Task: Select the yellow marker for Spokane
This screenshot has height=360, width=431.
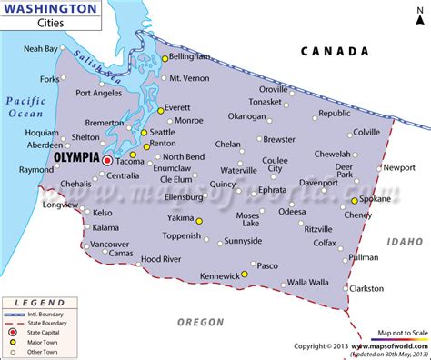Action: pyautogui.click(x=355, y=200)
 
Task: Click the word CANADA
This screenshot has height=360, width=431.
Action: pyautogui.click(x=336, y=52)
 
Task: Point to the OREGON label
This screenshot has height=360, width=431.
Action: pyautogui.click(x=199, y=321)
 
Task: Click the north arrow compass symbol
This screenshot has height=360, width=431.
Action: pyautogui.click(x=413, y=15)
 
